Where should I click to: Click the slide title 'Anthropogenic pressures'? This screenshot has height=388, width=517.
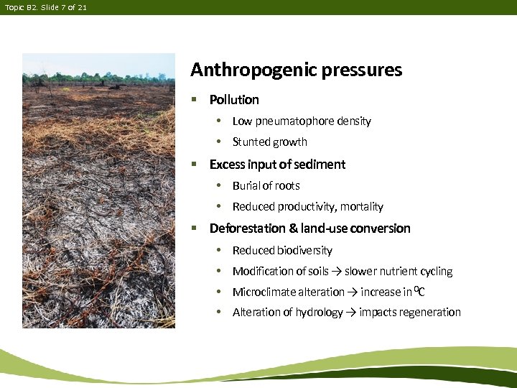pyautogui.click(x=296, y=70)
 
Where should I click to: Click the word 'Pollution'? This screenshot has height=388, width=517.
pyautogui.click(x=234, y=100)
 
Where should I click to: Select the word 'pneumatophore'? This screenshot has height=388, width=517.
pyautogui.click(x=294, y=121)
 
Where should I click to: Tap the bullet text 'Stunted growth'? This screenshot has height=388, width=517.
pyautogui.click(x=269, y=142)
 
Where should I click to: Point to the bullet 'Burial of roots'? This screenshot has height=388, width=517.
pyautogui.click(x=266, y=186)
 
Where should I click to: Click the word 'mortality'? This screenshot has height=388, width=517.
pyautogui.click(x=361, y=207)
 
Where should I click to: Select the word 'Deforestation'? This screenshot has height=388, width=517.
pyautogui.click(x=247, y=228)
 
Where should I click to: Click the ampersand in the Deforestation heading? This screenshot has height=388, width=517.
pyautogui.click(x=293, y=228)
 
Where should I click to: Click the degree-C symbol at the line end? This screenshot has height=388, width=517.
pyautogui.click(x=419, y=292)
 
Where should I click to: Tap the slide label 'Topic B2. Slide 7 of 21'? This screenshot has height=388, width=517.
pyautogui.click(x=46, y=7)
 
